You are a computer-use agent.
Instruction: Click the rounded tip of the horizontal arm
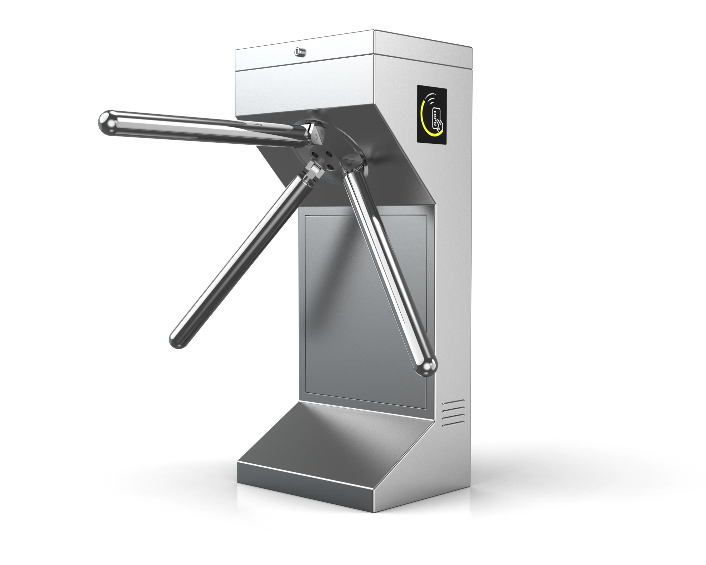tap(105, 122)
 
